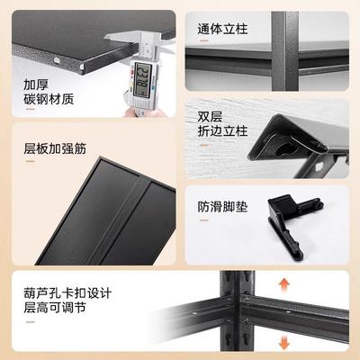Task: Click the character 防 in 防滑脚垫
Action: (x=202, y=206)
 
